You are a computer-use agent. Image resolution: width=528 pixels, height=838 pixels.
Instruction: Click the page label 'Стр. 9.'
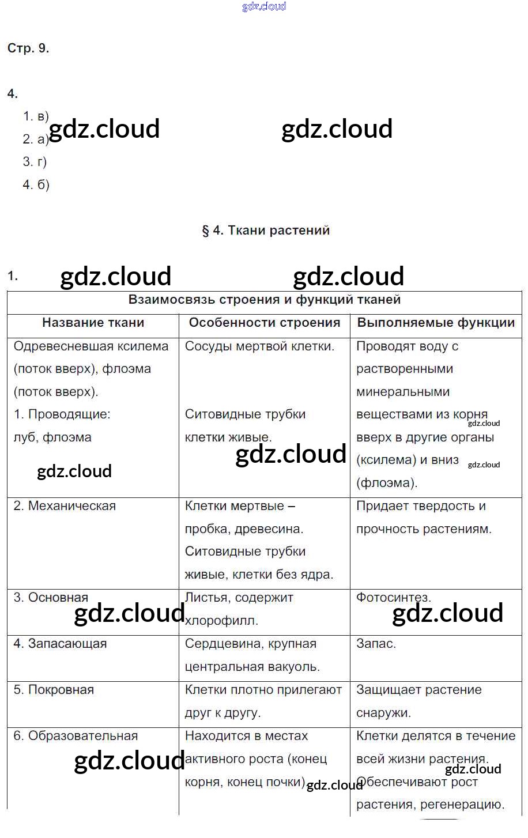click(28, 48)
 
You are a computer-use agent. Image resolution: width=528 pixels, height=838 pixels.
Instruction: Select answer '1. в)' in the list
click(36, 116)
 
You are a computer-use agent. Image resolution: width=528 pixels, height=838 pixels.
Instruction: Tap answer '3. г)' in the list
click(35, 162)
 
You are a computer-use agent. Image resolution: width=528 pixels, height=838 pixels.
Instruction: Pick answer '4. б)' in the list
click(36, 185)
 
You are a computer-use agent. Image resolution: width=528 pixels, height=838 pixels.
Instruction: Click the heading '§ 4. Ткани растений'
click(266, 231)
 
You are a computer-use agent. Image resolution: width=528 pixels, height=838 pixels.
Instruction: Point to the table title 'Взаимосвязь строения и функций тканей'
click(264, 300)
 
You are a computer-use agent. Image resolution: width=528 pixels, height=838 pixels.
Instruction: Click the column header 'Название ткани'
click(93, 323)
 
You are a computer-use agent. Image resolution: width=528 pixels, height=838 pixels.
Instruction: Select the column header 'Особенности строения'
click(265, 323)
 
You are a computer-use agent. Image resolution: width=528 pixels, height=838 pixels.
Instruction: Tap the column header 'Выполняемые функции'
click(436, 323)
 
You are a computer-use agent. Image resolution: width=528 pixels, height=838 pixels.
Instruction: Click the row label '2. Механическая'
click(65, 506)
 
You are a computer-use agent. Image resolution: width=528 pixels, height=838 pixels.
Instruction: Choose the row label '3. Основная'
click(51, 598)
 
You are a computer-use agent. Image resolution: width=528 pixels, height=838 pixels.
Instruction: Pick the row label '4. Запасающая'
click(60, 644)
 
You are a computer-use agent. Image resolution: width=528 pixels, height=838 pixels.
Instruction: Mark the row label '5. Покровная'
click(54, 690)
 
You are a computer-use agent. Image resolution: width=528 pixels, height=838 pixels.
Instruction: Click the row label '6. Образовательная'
click(76, 736)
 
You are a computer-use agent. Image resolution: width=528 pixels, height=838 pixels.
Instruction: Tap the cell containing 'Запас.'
click(376, 644)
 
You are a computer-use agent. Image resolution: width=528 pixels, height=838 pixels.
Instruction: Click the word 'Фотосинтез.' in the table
click(393, 598)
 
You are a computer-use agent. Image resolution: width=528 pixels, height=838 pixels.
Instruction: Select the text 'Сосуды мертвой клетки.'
click(259, 346)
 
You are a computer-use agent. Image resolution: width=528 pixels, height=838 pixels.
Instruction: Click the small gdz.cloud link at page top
click(264, 7)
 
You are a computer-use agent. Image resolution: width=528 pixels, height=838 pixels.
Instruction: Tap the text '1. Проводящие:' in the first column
click(62, 414)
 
